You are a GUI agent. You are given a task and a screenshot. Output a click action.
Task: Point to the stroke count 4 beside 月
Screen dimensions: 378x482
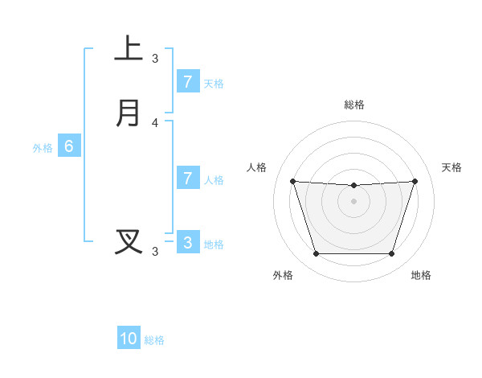[155, 123]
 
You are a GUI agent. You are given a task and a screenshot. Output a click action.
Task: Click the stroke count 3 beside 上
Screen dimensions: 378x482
[155, 58]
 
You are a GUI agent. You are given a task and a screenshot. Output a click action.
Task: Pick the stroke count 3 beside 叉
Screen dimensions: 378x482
[155, 252]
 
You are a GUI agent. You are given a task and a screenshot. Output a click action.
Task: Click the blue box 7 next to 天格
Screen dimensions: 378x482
[187, 81]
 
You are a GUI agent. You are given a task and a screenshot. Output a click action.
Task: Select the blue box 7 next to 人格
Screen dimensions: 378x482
[187, 179]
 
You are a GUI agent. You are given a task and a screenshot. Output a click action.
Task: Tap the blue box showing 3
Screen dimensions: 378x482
[187, 242]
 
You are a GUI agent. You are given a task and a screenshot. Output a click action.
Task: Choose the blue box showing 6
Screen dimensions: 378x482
[69, 146]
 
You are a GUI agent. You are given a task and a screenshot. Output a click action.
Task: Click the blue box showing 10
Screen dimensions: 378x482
[129, 339]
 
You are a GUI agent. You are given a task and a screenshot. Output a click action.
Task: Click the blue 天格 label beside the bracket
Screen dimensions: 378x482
[214, 83]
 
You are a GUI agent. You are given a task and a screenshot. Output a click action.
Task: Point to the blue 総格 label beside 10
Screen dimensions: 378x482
[154, 340]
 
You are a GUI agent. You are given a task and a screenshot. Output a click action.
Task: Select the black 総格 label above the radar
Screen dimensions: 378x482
[353, 105]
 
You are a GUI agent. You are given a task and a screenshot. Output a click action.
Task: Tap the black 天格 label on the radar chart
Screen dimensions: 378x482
[452, 167]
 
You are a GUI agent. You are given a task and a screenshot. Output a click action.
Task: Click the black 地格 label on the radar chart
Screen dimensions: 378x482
[421, 275]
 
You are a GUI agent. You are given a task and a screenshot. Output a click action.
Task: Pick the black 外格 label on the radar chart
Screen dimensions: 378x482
[283, 275]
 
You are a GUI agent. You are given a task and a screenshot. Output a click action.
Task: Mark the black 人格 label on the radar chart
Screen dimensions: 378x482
[256, 167]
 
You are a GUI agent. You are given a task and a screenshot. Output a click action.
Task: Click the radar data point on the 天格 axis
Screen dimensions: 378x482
[415, 181]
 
